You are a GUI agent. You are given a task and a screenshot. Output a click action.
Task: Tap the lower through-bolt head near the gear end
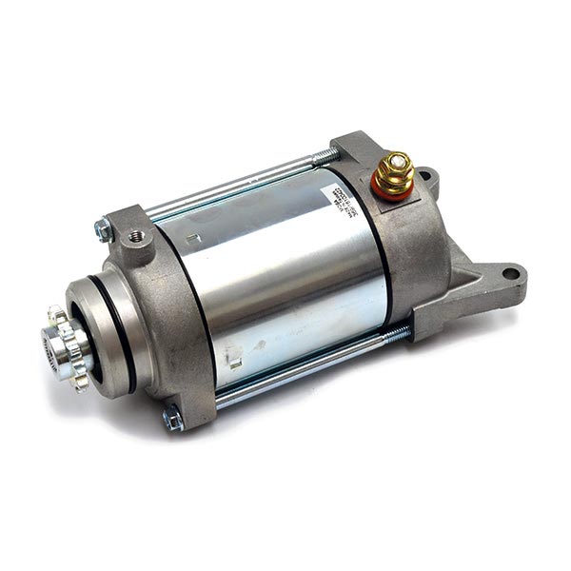click(173, 417)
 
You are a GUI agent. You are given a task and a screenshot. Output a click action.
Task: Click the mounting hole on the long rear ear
click(511, 274)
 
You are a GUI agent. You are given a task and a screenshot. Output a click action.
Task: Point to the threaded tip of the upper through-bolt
click(326, 153)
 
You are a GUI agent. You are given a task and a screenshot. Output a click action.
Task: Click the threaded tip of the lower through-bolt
click(398, 334)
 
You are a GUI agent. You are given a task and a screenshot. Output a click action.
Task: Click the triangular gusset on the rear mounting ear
click(466, 285)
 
